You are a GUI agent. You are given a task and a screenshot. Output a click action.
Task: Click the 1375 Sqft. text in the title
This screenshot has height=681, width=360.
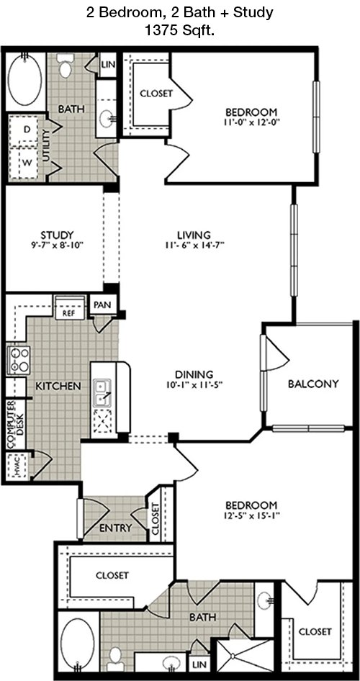click(x=180, y=31)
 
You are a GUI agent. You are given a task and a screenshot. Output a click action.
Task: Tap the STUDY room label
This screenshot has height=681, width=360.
click(x=58, y=235)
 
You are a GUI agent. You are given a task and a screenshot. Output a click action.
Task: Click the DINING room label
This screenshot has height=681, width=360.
click(x=194, y=374)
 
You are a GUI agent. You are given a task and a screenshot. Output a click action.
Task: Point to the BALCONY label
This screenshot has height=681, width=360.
click(x=312, y=384)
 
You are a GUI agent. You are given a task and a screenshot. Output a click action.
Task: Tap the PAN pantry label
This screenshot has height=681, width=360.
click(x=102, y=305)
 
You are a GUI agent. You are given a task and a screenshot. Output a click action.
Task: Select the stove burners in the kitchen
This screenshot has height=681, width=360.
click(x=18, y=359)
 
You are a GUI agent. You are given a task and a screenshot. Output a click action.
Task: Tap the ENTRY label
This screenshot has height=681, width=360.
click(x=115, y=528)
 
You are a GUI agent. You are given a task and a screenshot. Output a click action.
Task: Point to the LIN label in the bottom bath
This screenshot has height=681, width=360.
click(x=200, y=662)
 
